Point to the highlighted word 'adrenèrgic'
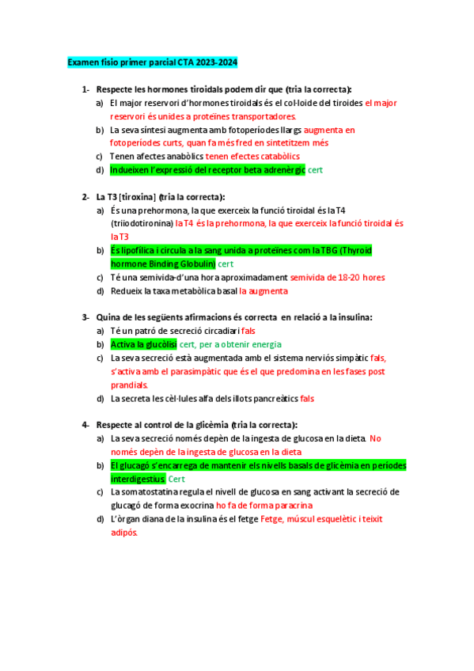point(281,170)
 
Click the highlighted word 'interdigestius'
point(138,479)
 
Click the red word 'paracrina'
point(290,505)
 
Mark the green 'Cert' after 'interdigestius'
point(176,479)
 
